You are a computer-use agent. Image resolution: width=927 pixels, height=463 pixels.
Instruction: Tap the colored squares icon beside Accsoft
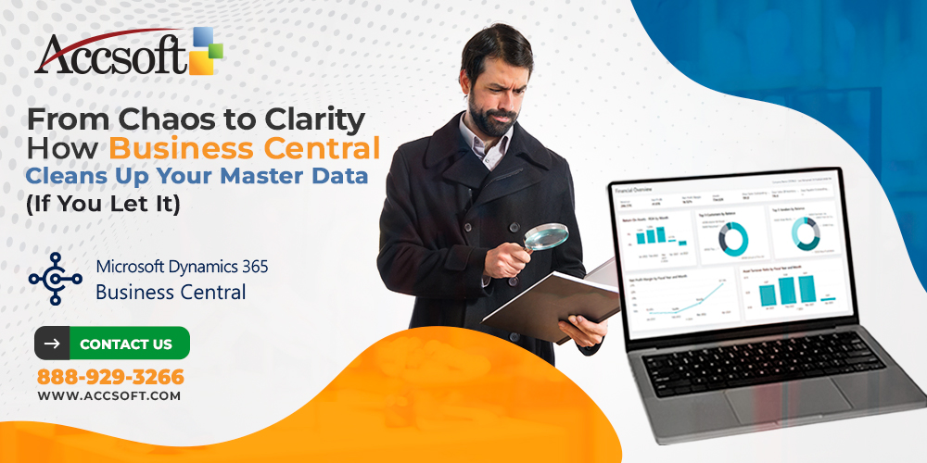click(207, 51)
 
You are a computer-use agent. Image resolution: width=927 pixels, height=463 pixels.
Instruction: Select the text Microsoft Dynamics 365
click(182, 267)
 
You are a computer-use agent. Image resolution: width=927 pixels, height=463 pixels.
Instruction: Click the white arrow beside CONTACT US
click(52, 344)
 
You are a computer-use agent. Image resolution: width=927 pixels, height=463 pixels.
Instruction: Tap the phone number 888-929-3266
click(110, 377)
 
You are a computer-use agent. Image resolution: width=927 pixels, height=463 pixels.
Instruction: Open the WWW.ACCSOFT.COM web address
click(108, 395)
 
